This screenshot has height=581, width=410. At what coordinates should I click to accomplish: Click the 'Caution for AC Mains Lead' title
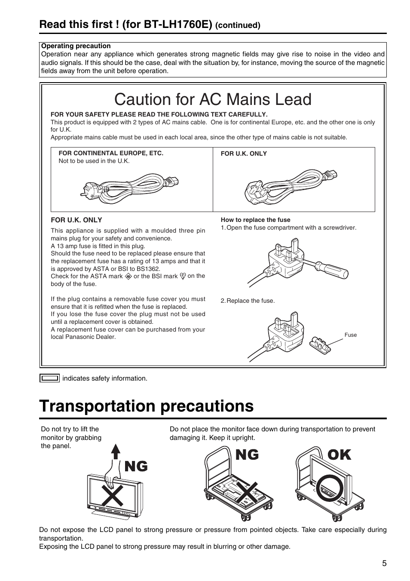coord(213,99)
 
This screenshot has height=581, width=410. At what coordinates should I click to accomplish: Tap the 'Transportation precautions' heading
coord(147,406)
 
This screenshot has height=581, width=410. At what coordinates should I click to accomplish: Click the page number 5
coord(384,563)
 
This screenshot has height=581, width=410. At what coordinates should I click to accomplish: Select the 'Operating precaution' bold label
coord(76,46)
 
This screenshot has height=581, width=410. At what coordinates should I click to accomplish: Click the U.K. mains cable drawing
coord(291,187)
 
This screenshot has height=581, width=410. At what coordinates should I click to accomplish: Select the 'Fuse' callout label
coord(350,335)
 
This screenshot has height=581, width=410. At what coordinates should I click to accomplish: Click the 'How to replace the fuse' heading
coord(255,220)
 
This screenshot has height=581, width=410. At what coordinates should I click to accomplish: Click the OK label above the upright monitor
coord(339,455)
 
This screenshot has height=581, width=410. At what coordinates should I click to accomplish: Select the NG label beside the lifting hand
coord(136,466)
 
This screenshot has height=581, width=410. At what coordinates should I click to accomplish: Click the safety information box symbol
coord(49,378)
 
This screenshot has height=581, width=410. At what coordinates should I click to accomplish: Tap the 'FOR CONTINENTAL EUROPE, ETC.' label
coord(111,153)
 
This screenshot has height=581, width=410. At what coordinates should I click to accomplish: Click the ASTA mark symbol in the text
coord(128,277)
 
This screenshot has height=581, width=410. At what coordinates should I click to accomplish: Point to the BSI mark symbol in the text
coord(183,277)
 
